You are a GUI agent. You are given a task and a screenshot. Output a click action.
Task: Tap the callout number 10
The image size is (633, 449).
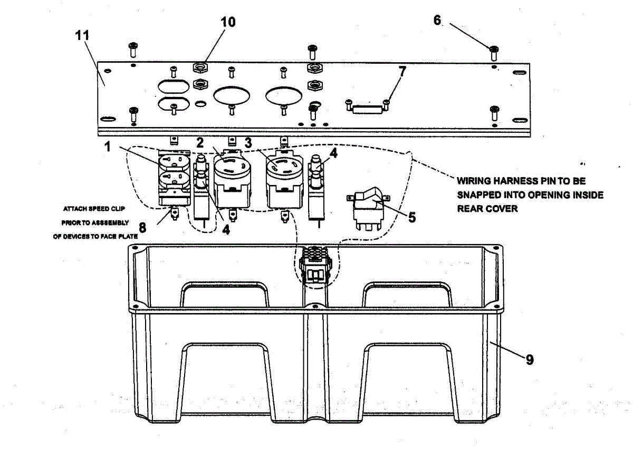[x=228, y=22]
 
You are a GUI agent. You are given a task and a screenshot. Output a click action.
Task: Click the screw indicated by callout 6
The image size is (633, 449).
[x=494, y=51]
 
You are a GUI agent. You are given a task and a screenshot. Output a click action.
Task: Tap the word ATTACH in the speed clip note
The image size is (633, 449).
[x=80, y=209]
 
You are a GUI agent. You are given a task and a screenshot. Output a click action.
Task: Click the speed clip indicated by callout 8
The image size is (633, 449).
[x=174, y=214]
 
